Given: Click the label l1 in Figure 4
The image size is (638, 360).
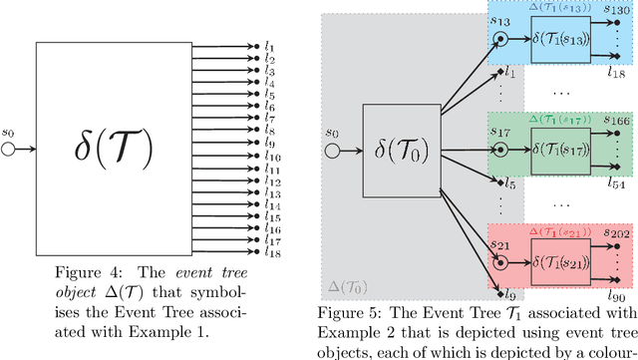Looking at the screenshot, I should pos(269,46).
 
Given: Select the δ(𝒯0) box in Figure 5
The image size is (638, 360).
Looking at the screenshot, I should pos(403,150).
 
